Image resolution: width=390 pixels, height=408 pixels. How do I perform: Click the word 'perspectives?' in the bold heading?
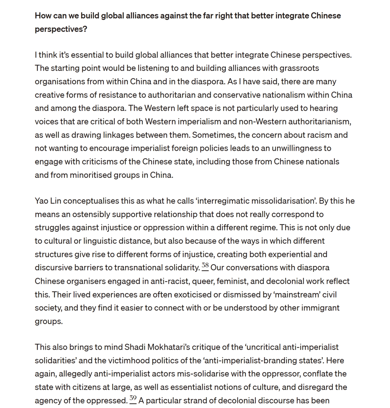61,29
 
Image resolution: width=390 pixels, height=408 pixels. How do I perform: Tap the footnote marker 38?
205,266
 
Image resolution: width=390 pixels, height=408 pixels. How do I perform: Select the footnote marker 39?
133,399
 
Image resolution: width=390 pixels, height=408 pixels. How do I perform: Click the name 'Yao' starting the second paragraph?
41,201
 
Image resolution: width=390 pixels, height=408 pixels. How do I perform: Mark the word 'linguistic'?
101,241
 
